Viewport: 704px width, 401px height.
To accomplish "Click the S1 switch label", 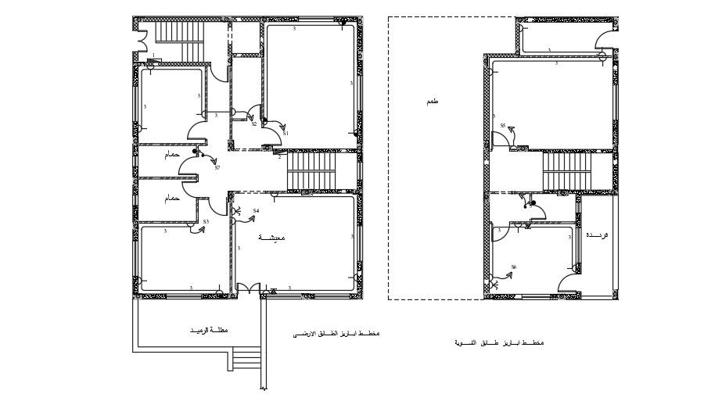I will (286, 134).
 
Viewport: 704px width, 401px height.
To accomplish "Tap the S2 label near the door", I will (254, 124).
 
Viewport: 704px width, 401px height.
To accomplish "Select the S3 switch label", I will (206, 222).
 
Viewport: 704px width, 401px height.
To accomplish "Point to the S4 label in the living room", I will (256, 210).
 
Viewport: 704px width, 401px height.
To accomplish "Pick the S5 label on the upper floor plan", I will (503, 125).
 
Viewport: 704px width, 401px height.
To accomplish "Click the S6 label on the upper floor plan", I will (513, 267).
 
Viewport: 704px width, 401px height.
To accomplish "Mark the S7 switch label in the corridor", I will (217, 167).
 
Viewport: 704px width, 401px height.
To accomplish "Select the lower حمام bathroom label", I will (172, 199).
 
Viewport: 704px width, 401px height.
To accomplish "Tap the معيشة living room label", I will (272, 237).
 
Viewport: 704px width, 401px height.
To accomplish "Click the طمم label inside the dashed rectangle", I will (433, 102).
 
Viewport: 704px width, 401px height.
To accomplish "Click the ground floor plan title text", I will (336, 334).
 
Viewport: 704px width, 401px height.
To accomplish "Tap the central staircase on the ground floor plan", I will (311, 170).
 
